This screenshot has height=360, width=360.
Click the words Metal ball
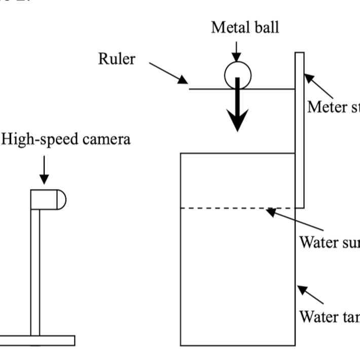tap(245, 27)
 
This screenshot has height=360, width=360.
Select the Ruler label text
tap(117, 59)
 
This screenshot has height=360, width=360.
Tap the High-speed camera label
tap(66, 138)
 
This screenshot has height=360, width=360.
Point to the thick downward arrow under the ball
tap(237, 109)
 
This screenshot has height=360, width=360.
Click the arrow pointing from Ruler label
tap(168, 73)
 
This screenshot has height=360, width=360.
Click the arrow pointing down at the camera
tap(44, 170)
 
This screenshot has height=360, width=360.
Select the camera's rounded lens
tap(60, 199)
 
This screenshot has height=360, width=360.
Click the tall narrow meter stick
tap(300, 130)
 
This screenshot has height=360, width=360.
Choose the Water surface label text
tap(330, 241)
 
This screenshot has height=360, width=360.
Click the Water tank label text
tap(330, 316)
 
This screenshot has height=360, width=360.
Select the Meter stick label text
tap(334, 107)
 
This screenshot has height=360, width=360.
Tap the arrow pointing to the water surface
tap(294, 219)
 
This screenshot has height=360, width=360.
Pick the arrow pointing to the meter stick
tap(318, 86)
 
